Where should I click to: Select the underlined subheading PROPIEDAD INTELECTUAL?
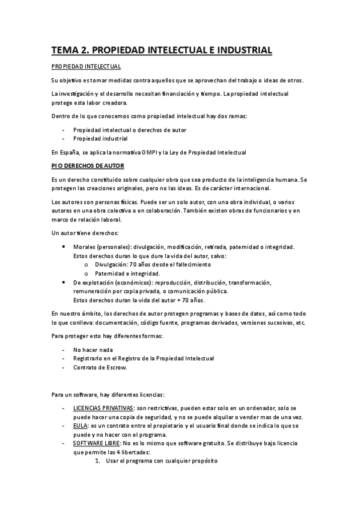click(x=86, y=66)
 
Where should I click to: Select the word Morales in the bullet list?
click(x=85, y=247)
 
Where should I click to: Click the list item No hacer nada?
click(x=93, y=349)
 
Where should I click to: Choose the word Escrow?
click(x=115, y=367)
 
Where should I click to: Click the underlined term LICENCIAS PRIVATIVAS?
click(x=103, y=408)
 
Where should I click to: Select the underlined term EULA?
click(x=80, y=425)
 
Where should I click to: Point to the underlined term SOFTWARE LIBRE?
click(x=96, y=443)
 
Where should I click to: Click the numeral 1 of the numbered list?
click(x=98, y=461)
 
